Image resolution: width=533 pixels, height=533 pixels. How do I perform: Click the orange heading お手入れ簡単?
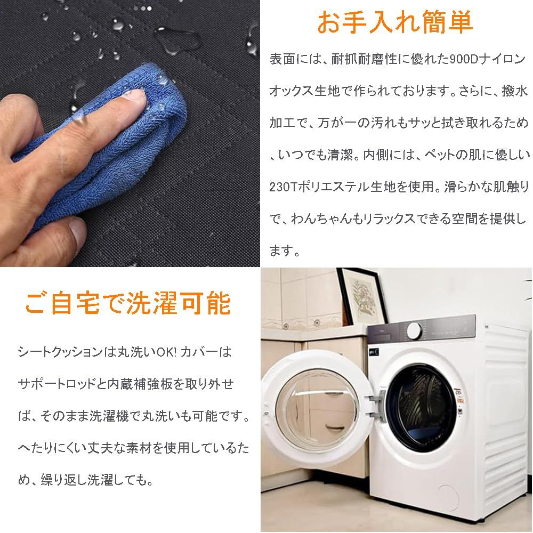tap(394, 22)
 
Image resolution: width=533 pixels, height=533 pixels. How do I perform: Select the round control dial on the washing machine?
tap(414, 330)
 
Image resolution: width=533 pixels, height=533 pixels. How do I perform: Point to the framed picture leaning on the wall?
tap(361, 296)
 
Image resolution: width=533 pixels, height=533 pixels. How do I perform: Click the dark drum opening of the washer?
tap(422, 408)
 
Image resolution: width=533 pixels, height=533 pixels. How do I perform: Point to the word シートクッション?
tap(60, 352)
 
